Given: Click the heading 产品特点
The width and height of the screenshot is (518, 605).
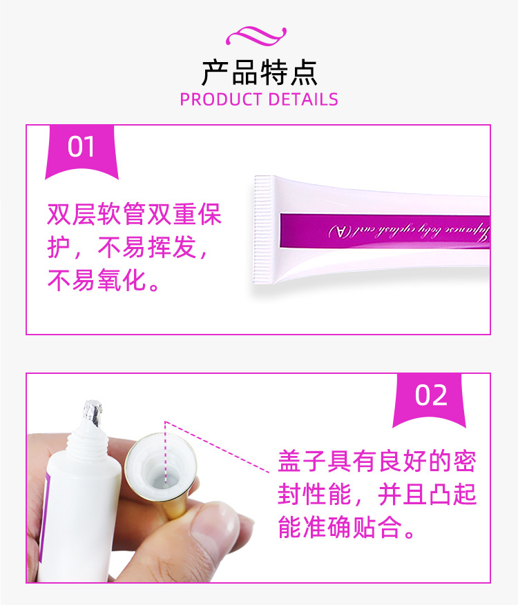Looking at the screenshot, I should pos(259,72).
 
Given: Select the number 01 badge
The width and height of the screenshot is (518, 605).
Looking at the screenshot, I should pos(81,148).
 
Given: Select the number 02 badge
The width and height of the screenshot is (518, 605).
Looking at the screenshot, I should pos(432,395).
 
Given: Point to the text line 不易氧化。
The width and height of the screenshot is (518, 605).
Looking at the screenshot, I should pos(104,281).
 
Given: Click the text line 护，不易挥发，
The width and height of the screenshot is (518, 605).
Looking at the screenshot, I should pos(127,248).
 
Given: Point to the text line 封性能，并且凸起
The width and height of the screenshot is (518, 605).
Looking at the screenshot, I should pos(377,495).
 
